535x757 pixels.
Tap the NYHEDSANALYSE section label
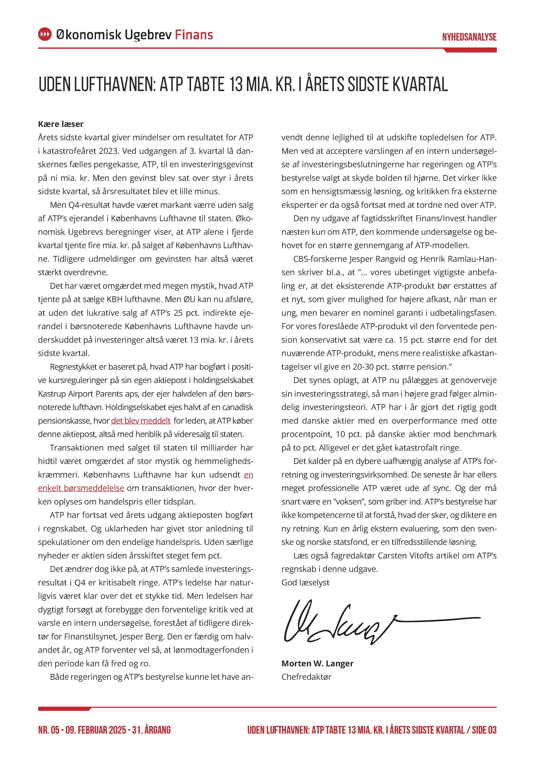click(x=469, y=37)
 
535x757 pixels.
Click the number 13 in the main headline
click(x=236, y=84)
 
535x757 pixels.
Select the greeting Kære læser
click(x=61, y=124)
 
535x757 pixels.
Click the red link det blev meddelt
click(x=141, y=421)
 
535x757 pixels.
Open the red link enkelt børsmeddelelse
click(x=81, y=488)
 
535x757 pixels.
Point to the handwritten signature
click(x=362, y=623)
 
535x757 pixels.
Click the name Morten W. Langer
click(x=317, y=663)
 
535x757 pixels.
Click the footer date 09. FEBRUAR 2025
click(x=96, y=730)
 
